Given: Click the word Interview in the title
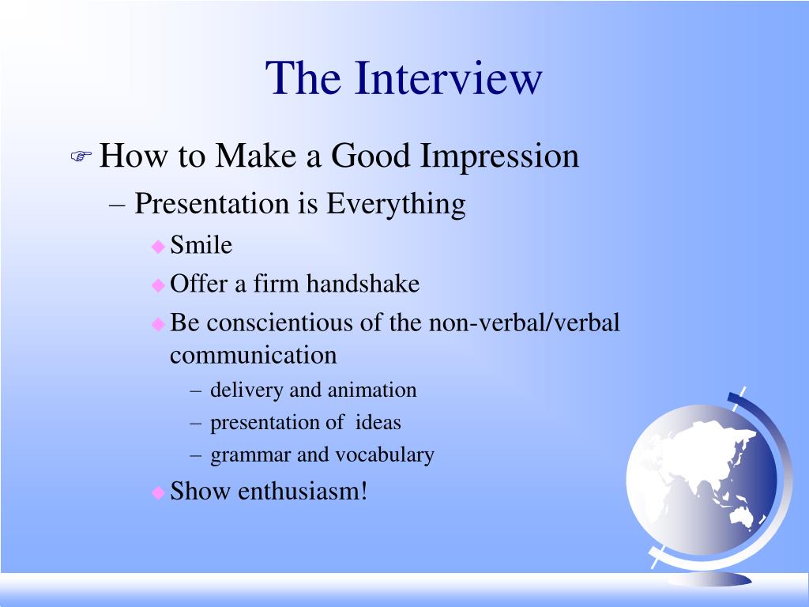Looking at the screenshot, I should coord(449,78).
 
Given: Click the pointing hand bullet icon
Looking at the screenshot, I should coord(81,157).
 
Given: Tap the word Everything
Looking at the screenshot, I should coord(396,204).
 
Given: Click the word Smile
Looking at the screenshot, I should coord(201,246).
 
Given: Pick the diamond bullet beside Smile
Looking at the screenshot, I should coord(158,247).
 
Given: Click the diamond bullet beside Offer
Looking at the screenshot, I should coord(158,285).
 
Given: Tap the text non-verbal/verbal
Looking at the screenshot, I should coord(525,322).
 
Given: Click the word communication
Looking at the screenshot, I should coord(254,355).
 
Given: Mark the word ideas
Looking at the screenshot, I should coord(378,423).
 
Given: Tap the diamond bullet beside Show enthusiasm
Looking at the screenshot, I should coord(158,492).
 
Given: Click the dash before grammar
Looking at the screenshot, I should coord(196,455).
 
